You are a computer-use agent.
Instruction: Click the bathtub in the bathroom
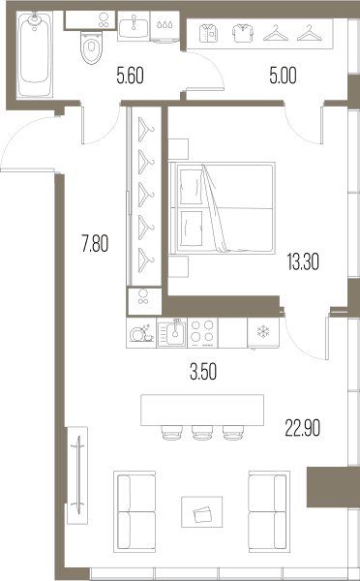pos(35,54)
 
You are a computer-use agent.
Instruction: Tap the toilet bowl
pos(91,47)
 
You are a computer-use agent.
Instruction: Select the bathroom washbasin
pos(134,26)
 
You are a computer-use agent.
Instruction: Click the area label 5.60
pos(130,76)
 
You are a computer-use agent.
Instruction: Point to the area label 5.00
pos(283,76)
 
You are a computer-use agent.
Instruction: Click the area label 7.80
pos(95,245)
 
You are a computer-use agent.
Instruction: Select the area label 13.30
pos(303,262)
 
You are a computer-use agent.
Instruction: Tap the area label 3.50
pos(203,372)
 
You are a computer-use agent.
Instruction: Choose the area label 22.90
pos(303,428)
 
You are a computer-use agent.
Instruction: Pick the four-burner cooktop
pos(202,333)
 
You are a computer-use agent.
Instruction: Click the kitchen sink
pos(172,333)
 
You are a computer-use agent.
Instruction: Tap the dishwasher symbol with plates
pos(141,333)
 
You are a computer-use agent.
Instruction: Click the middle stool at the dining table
pos(202,433)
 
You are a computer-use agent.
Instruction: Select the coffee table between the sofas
pos(202,511)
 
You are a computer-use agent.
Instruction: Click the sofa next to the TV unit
pos(135,511)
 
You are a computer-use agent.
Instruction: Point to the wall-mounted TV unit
pos(77,475)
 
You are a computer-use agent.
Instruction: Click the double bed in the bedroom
pos(222,208)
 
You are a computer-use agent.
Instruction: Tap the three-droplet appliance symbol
pos(165,26)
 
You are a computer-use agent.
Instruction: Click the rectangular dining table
pos(202,411)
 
